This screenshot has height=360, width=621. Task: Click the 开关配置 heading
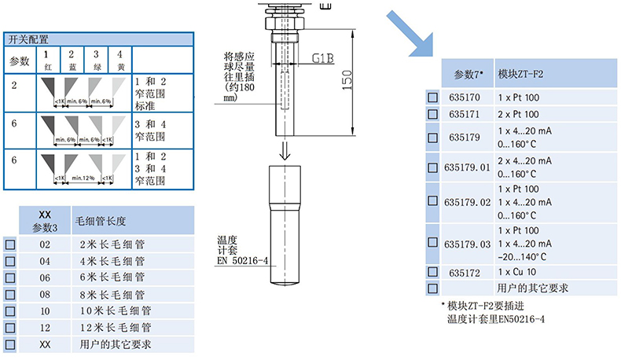28,39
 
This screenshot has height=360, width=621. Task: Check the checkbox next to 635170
432,98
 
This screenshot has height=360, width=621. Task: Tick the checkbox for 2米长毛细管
9,244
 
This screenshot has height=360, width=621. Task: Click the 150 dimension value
346,80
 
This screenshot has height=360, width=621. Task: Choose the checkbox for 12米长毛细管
9,327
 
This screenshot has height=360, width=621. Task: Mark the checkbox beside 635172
432,272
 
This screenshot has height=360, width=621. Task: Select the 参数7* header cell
469,74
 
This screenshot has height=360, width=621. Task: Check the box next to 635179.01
432,167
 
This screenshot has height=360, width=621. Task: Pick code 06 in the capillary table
44,277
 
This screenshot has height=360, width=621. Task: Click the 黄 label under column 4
119,67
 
